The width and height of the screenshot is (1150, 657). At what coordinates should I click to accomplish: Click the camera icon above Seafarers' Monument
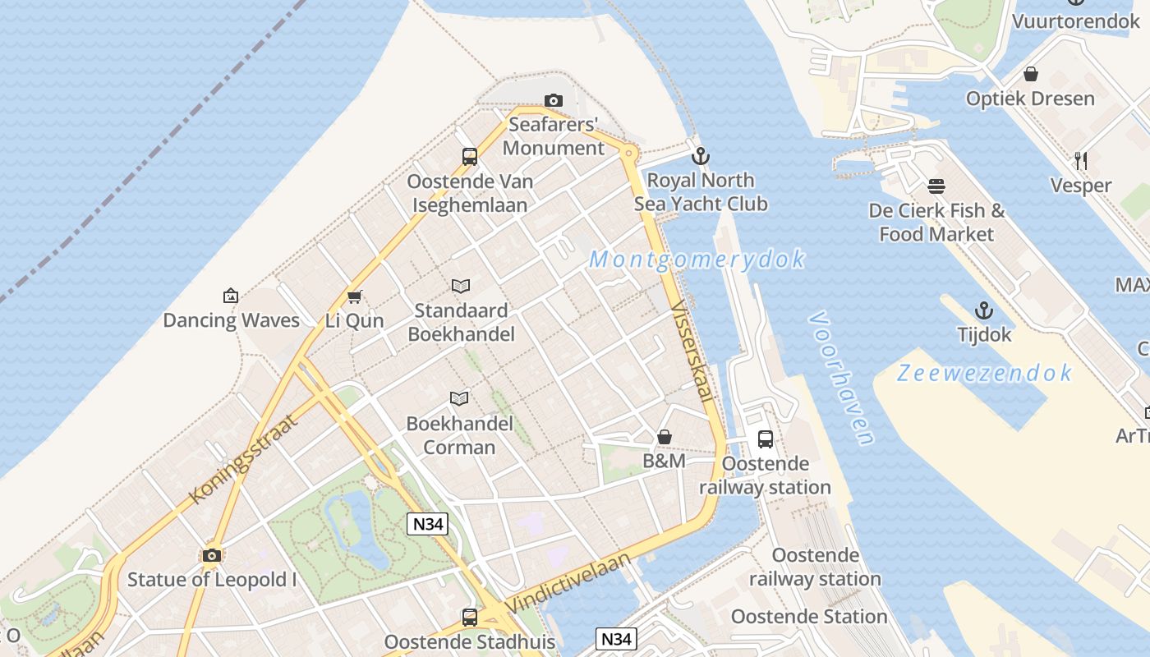554,101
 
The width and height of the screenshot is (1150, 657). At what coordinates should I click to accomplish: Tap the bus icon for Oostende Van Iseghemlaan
470,157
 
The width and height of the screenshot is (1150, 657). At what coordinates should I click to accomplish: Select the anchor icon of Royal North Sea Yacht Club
701,156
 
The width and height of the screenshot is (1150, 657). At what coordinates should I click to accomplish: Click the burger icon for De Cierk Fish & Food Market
936,186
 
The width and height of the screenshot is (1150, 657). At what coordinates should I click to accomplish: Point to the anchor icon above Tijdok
984,310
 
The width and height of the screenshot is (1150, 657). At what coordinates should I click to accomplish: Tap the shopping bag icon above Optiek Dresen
1031,75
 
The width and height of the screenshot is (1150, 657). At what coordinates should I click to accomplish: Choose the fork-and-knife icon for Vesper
1081,161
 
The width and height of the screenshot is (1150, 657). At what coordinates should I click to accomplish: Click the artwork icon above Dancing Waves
231,296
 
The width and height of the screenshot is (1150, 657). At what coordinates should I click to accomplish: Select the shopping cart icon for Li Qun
355,296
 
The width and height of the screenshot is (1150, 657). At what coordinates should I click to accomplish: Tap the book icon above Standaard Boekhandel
461,287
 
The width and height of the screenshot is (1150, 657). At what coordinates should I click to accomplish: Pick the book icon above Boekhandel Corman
459,399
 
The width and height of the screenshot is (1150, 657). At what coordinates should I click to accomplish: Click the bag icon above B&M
665,437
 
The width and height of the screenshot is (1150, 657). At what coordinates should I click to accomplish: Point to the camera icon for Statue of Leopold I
212,556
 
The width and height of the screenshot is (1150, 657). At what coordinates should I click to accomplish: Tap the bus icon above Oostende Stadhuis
470,617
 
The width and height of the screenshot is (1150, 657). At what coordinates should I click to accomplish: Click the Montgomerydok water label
697,260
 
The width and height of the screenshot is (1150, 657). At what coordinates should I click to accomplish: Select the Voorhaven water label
840,377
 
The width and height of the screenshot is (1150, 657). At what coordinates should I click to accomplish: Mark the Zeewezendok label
984,373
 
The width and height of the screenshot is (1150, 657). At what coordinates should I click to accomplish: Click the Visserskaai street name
692,351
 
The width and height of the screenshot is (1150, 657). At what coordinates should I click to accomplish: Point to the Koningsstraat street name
243,457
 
